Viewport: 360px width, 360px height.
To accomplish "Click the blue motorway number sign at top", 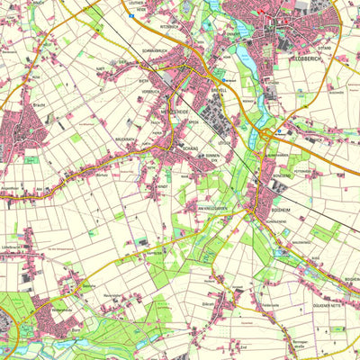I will pyautogui.click(x=130, y=4).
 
